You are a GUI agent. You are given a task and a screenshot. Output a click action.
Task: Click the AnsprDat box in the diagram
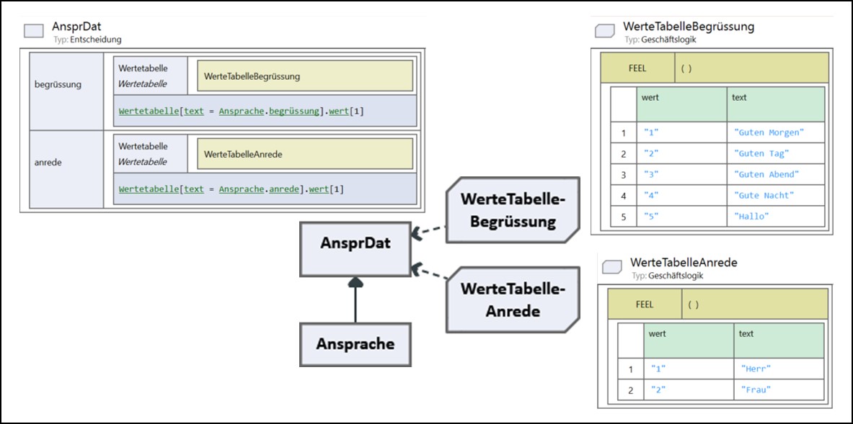tap(355, 249)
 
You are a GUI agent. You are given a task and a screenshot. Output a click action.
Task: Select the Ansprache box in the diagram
tap(355, 343)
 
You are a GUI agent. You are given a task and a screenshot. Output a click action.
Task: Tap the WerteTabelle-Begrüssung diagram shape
tap(513, 209)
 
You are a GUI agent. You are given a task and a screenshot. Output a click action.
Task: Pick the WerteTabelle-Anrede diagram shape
tap(513, 300)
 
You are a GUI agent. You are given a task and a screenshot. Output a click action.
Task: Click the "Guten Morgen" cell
tap(775, 132)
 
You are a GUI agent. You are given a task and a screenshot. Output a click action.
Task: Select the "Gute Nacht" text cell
tap(775, 195)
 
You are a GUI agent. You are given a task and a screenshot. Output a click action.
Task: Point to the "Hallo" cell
tap(775, 216)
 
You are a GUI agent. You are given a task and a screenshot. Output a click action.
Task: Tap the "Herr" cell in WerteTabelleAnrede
tap(778, 369)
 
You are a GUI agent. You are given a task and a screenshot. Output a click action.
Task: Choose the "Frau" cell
tap(778, 389)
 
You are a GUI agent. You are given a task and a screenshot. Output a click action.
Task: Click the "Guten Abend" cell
tap(775, 174)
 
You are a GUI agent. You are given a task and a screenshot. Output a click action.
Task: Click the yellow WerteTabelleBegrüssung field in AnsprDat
tap(305, 76)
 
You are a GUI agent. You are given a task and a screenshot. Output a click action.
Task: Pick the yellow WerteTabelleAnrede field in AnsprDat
tap(305, 154)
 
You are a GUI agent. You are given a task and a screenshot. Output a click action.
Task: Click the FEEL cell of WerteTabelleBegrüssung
tap(637, 68)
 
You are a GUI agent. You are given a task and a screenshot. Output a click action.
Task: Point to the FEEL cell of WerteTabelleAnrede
tap(645, 305)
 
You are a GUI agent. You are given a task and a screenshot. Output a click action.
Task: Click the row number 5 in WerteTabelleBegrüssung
tap(624, 216)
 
